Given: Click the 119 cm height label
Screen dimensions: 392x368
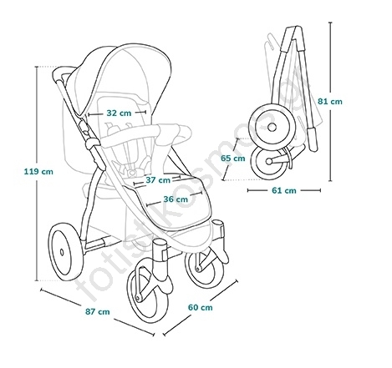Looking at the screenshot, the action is click(38, 171).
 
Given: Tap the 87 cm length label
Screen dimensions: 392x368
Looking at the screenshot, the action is click(98, 311).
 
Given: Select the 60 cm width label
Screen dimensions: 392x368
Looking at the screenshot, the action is click(200, 307).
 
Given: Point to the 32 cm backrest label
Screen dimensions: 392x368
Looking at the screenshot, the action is click(119, 113).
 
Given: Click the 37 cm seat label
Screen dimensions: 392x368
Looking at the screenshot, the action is click(158, 180).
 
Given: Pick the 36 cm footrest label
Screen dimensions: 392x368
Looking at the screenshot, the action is click(176, 199).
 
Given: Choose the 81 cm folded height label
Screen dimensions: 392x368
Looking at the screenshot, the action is click(330, 102).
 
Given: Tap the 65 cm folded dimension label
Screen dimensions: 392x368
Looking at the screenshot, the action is click(233, 159).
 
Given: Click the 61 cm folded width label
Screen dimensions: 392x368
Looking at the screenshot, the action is click(284, 190).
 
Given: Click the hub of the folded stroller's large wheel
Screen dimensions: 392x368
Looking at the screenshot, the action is click(272, 128).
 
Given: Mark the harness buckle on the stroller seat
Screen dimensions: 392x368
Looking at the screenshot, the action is click(133, 173).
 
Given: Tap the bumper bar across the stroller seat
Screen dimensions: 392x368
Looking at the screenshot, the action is click(145, 134).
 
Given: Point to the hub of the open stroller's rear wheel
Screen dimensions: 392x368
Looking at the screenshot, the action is click(62, 252).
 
